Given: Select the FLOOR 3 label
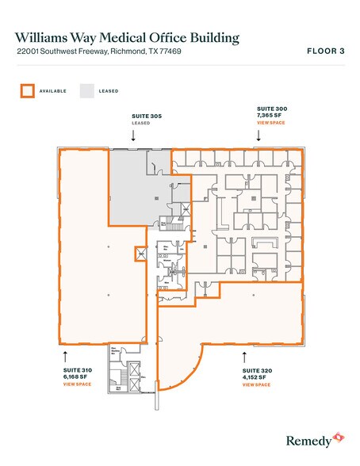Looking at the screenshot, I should tap(324, 52).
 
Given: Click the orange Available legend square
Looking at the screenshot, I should tap(27, 91).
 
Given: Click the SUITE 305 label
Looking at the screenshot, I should tap(146, 116).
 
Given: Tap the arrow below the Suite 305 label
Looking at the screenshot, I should tap(133, 135).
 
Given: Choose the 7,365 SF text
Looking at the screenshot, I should tap(270, 115).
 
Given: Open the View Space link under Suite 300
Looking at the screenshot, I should tap(270, 122).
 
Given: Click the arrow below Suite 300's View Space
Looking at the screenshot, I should tap(259, 135).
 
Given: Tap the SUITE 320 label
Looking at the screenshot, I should tap(258, 370).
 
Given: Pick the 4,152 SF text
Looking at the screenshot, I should tap(256, 377).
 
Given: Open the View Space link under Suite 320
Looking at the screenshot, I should tap(258, 384).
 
